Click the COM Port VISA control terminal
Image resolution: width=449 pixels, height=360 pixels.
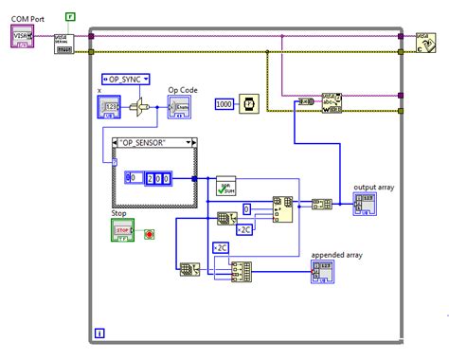tap(23, 35)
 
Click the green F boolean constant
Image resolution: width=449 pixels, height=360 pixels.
tap(70, 17)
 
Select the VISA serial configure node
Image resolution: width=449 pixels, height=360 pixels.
tap(63, 43)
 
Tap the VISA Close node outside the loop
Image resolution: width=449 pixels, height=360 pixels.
tap(422, 43)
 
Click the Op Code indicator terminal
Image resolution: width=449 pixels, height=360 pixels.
tap(179, 108)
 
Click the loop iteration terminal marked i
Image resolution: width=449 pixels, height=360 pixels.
tap(100, 333)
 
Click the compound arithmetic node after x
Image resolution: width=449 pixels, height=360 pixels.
tap(141, 108)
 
